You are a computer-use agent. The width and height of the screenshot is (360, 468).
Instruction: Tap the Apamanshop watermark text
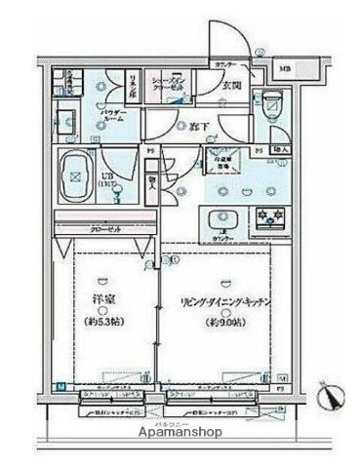pyautogui.click(x=180, y=431)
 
